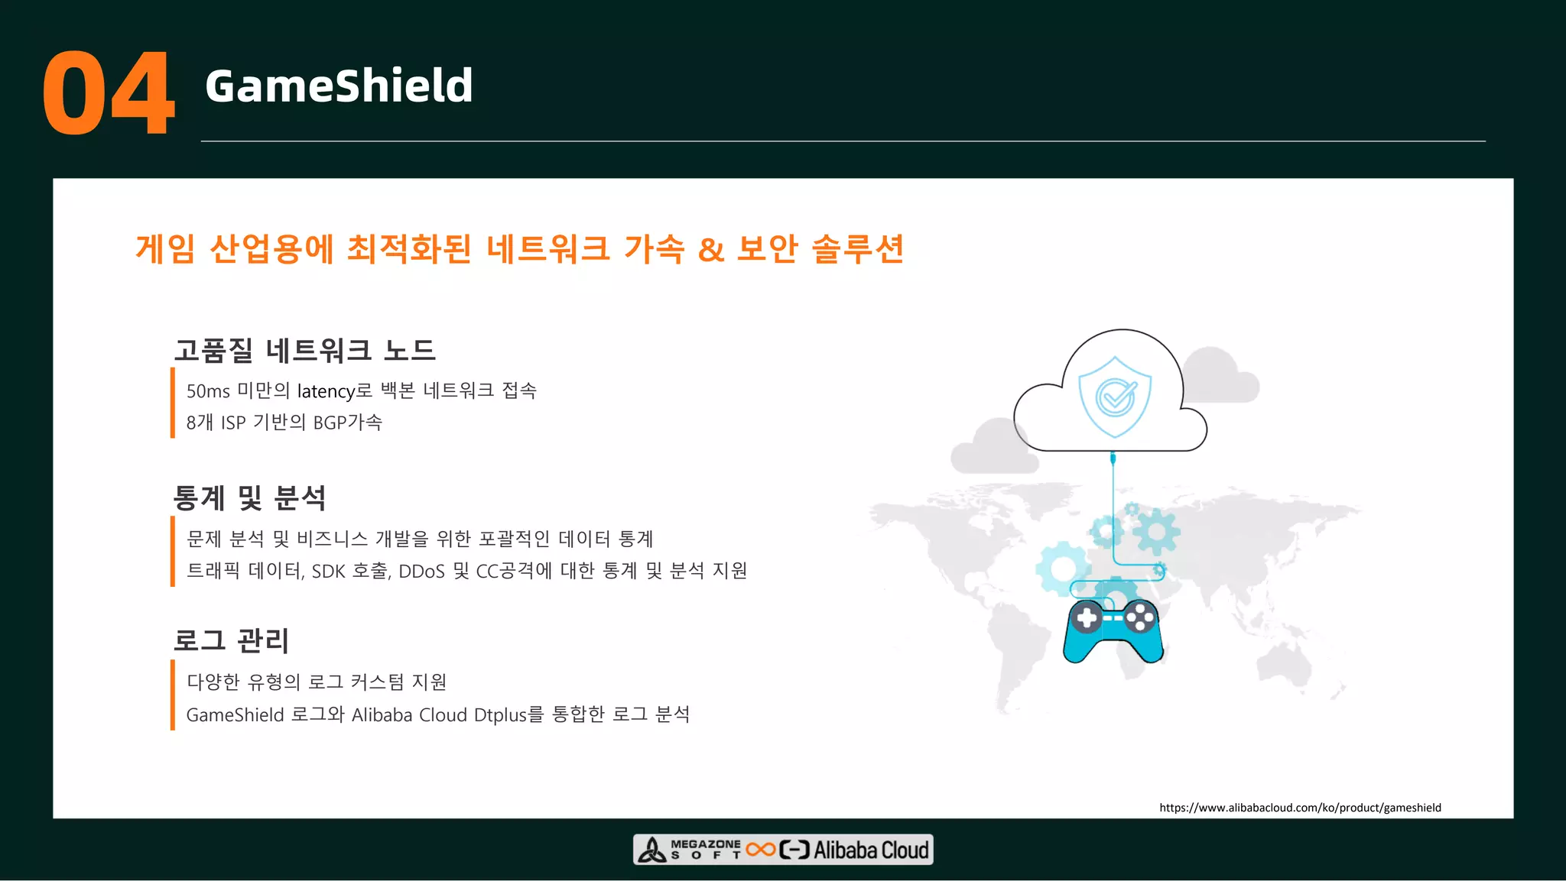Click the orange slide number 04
pyautogui.click(x=109, y=93)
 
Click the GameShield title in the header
pyautogui.click(x=339, y=86)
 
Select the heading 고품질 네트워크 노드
pyautogui.click(x=304, y=350)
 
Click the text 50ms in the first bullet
pyautogui.click(x=208, y=391)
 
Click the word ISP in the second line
pyautogui.click(x=233, y=423)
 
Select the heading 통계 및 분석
pyautogui.click(x=249, y=497)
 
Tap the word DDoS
pyautogui.click(x=421, y=572)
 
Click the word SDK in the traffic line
pyautogui.click(x=328, y=572)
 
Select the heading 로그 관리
pyautogui.click(x=231, y=640)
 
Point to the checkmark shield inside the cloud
pyautogui.click(x=1115, y=397)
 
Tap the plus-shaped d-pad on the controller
pyautogui.click(x=1087, y=617)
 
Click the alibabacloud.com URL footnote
pyautogui.click(x=1300, y=808)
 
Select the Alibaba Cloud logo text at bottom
pyautogui.click(x=870, y=850)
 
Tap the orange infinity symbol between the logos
pyautogui.click(x=761, y=850)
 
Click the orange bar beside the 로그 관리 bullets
pyautogui.click(x=173, y=695)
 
